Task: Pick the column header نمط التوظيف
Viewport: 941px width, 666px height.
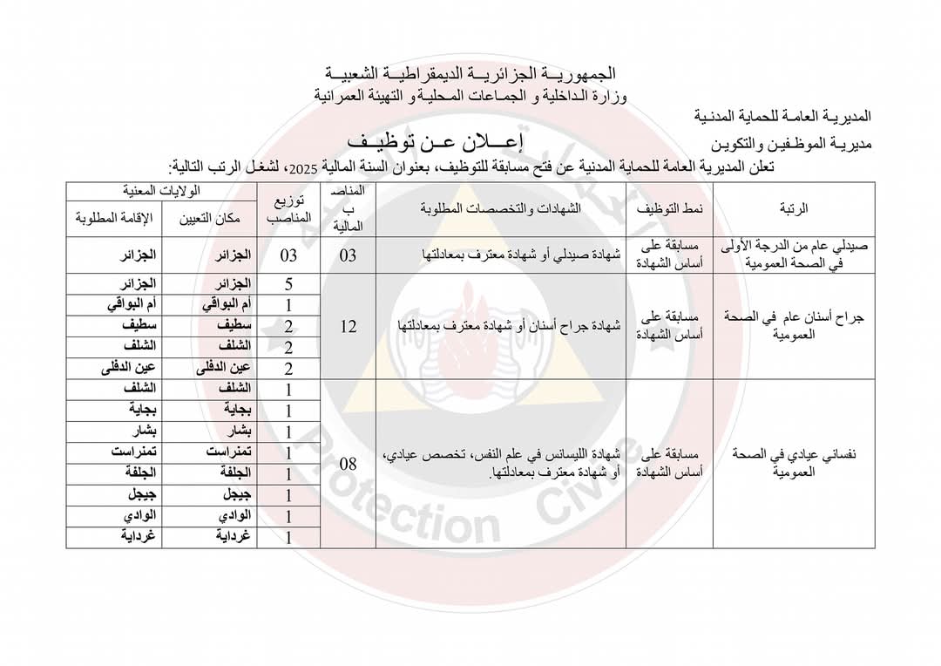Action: pos(671,208)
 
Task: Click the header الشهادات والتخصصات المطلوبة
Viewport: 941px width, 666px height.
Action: pos(499,208)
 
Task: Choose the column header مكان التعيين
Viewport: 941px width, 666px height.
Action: pos(210,218)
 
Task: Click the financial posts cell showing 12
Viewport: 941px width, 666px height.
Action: pos(348,326)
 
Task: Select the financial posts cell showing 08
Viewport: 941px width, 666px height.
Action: pos(348,464)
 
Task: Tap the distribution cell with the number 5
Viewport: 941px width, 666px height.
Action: pos(288,283)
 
